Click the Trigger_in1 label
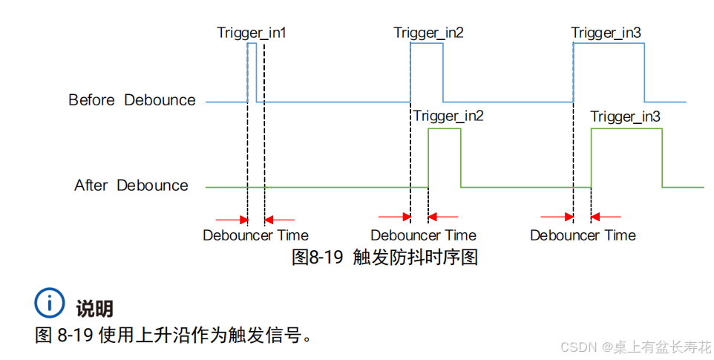[x=252, y=33]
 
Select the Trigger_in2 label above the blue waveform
[x=428, y=33]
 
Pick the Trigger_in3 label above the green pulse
[x=626, y=117]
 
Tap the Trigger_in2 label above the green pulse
[x=449, y=117]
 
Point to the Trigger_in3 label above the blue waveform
[x=606, y=33]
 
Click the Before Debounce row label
[x=132, y=100]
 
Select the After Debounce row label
[x=131, y=186]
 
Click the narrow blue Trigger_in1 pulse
[x=252, y=72]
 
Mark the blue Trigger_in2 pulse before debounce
[x=427, y=72]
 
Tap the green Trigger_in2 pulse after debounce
[x=445, y=157]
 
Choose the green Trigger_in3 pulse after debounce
[x=626, y=157]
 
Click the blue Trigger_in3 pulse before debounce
[x=609, y=72]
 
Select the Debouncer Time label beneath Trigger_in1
[x=255, y=236]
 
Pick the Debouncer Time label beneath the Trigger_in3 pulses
[x=583, y=236]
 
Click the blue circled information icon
[x=50, y=304]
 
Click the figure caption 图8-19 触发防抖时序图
[x=384, y=258]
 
